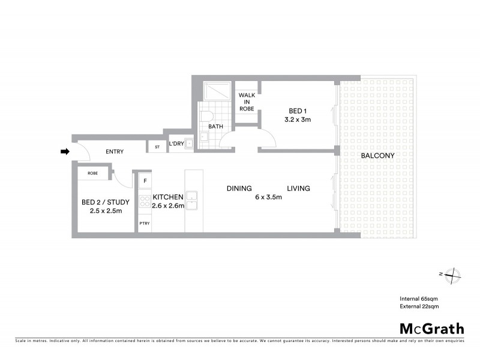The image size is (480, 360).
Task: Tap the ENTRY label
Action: click(x=114, y=152)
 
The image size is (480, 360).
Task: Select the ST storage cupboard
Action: click(x=157, y=146)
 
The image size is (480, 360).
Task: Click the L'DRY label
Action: click(x=176, y=144)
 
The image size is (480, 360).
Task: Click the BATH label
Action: click(x=215, y=127)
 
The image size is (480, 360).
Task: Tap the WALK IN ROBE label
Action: click(x=247, y=102)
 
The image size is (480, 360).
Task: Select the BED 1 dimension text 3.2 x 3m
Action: click(x=298, y=120)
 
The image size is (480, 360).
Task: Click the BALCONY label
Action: click(x=378, y=156)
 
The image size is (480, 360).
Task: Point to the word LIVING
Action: click(x=298, y=188)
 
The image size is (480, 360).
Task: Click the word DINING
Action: click(x=239, y=188)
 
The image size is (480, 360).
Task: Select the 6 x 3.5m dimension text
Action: click(x=268, y=197)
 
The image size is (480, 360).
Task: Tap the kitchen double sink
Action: click(x=192, y=201)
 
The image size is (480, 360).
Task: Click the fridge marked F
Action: click(x=145, y=180)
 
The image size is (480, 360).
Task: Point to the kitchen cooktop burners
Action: click(x=145, y=201)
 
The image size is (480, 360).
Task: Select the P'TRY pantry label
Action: click(x=145, y=223)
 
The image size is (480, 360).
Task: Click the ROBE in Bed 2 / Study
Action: click(x=93, y=173)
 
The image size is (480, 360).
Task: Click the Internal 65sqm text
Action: click(x=419, y=298)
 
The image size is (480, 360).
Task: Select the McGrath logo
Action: click(x=432, y=328)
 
